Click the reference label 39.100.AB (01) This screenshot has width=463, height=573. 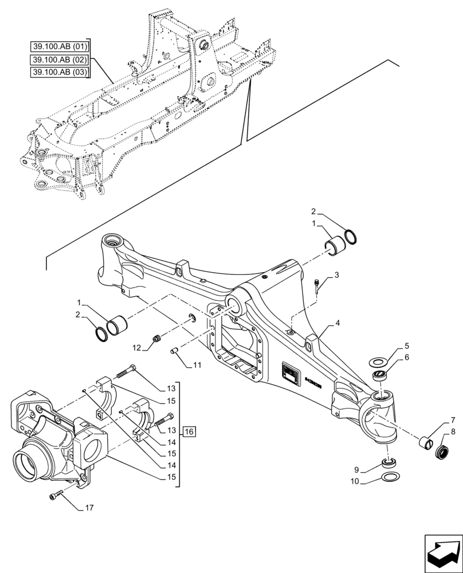[x=60, y=46]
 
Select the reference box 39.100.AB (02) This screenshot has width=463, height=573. [x=60, y=59]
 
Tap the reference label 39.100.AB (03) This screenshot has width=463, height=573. [x=60, y=72]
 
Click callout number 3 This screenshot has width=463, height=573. [x=337, y=276]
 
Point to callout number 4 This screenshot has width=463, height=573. [x=340, y=324]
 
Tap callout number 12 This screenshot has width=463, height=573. [x=136, y=347]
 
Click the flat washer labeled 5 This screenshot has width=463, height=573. [x=379, y=362]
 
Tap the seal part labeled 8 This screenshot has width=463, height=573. [x=442, y=452]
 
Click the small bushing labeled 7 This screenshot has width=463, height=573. [x=425, y=442]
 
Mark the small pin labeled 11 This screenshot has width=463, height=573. [x=175, y=351]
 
